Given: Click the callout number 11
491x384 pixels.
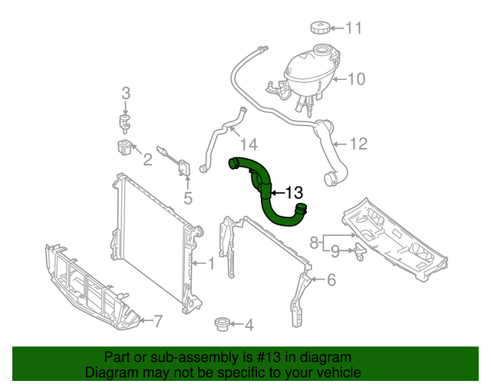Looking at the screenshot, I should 353,29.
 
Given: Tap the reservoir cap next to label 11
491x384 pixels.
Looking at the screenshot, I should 318,28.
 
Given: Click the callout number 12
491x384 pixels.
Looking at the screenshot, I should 359,144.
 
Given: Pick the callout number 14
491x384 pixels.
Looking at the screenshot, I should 248,144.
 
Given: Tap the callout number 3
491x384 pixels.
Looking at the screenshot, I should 126,94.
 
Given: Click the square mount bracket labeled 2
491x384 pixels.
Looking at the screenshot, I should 124,147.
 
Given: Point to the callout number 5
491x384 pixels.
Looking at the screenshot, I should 187,199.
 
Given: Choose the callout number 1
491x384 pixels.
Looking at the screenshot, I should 211,264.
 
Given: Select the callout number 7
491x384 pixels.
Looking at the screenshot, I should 158,320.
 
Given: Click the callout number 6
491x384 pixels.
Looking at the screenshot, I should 331,280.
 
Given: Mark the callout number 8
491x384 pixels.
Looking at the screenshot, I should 314,243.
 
